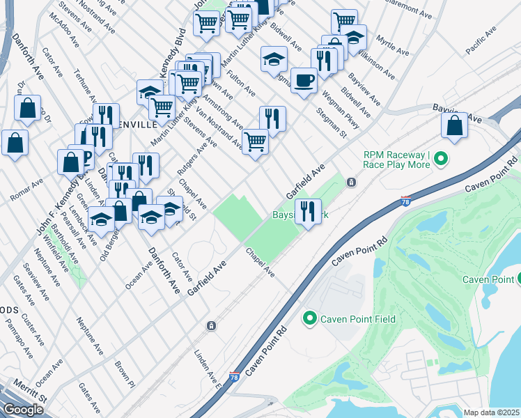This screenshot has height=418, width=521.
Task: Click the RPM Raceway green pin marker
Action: coord(440,160)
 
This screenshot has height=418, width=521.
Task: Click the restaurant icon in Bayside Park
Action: coord(307,211)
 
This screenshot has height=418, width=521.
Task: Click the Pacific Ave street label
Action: coord(481,41)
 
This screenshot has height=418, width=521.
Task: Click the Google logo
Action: coord(24,409)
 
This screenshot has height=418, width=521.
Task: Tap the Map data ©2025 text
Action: coord(491,412)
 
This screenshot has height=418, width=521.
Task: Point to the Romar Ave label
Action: coord(27,189)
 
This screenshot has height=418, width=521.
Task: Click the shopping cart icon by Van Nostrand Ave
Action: coord(256,141)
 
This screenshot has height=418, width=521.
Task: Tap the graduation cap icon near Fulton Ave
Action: coord(274,59)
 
